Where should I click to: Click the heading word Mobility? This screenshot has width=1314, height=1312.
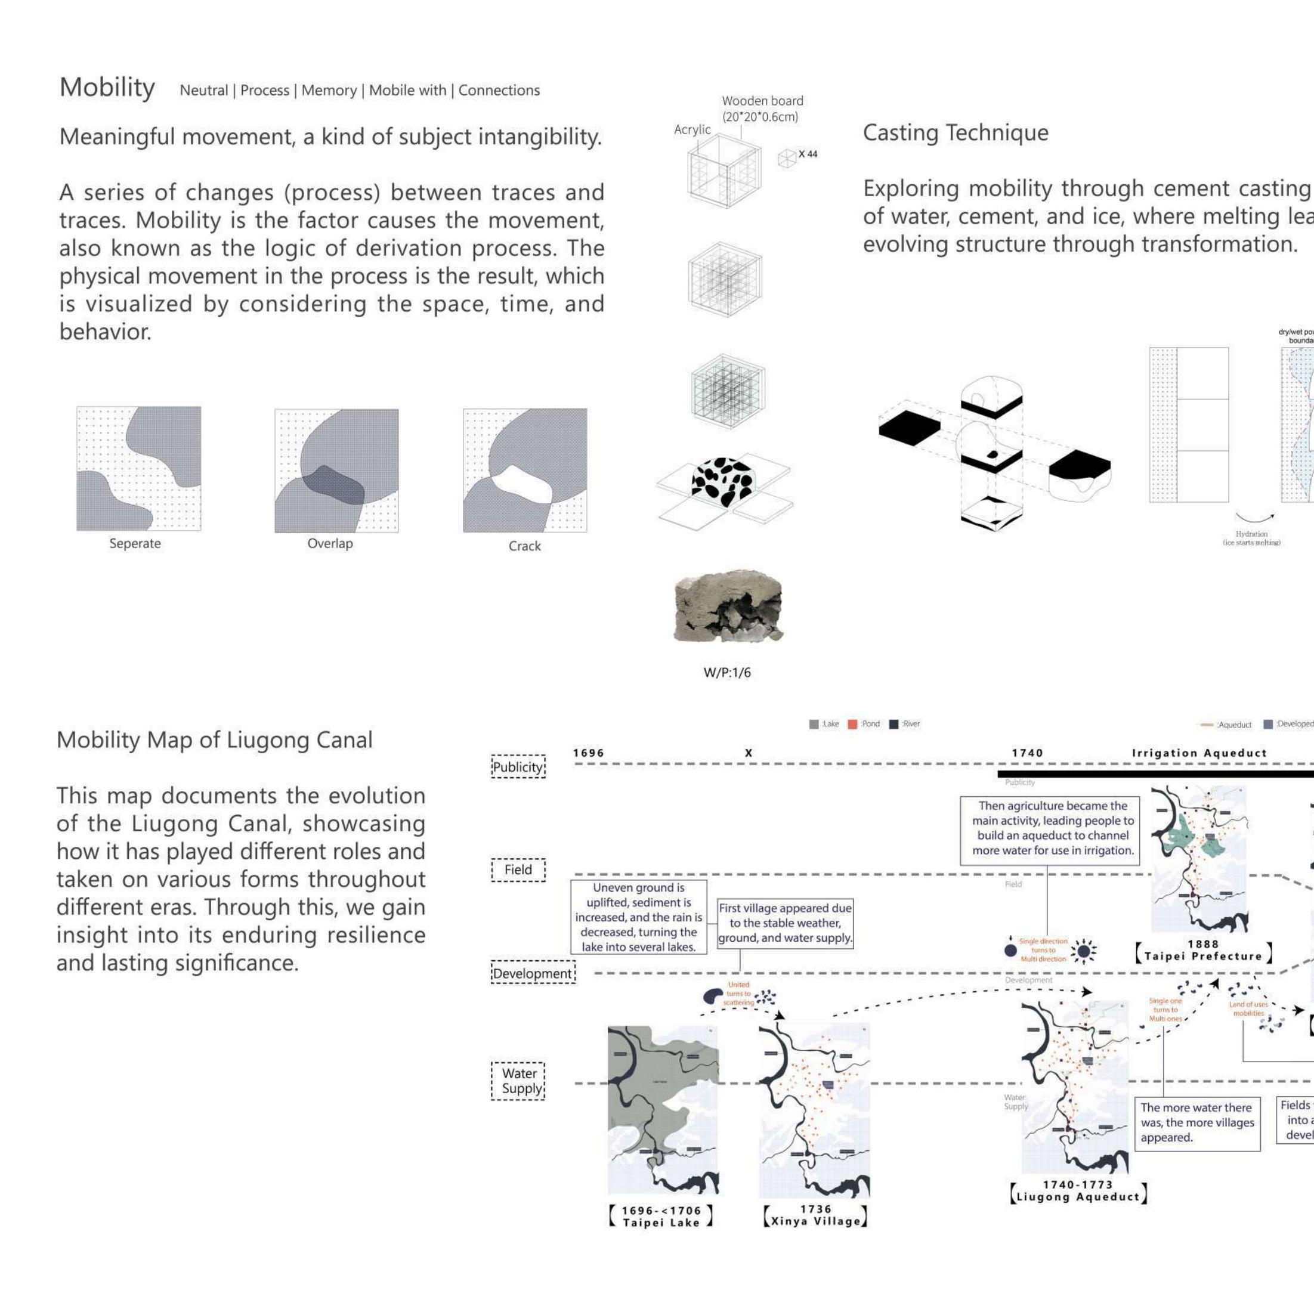click(x=107, y=88)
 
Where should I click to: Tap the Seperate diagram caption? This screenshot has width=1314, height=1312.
click(x=135, y=543)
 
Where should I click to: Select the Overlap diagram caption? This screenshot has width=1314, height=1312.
click(x=330, y=543)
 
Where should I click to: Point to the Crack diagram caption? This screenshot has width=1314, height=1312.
click(x=524, y=546)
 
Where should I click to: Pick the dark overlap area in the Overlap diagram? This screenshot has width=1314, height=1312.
click(x=333, y=485)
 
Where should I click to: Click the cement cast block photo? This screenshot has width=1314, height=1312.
click(x=728, y=606)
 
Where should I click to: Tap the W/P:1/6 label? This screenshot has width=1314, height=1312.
click(x=727, y=673)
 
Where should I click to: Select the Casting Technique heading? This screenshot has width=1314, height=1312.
click(x=955, y=132)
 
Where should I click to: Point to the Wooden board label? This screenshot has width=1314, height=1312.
click(x=762, y=101)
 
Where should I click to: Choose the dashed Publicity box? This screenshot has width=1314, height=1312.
click(x=518, y=766)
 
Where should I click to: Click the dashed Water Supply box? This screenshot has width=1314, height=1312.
click(x=518, y=1081)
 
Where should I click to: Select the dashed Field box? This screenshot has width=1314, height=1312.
click(x=518, y=869)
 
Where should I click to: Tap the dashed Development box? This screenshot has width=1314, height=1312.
click(x=533, y=973)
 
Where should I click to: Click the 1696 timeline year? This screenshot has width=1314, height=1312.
click(x=588, y=753)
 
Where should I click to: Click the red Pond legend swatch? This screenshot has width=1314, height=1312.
click(x=853, y=725)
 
